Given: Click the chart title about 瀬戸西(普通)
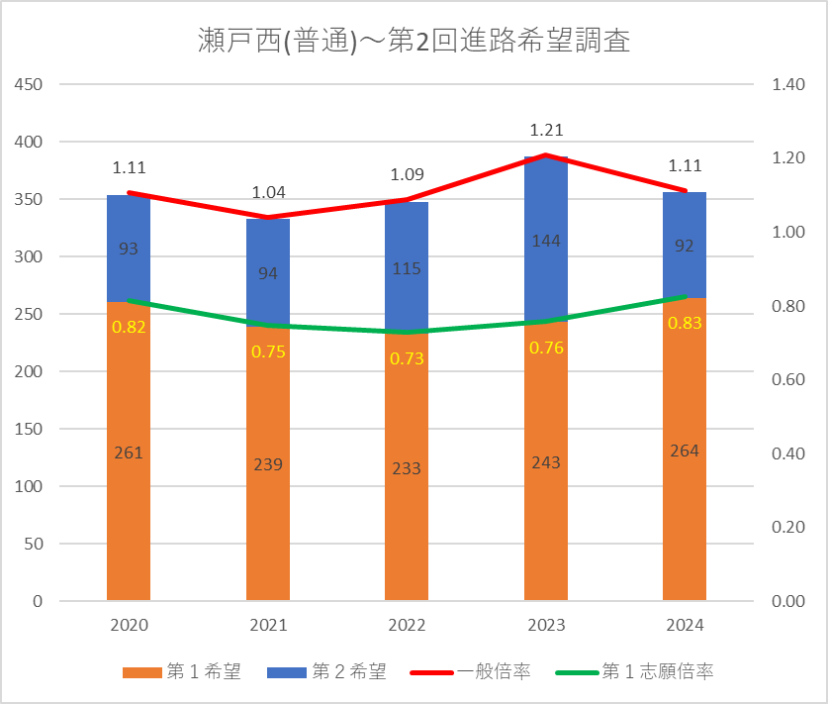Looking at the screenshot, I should (x=414, y=43).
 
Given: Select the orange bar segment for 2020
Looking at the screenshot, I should (x=129, y=495).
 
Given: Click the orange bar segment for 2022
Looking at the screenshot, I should (x=407, y=515).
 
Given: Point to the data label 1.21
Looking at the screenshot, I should (x=546, y=130).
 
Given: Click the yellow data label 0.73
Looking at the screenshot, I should (x=407, y=358).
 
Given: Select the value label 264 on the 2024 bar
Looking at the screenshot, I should (x=685, y=451).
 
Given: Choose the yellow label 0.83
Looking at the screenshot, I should (x=685, y=323).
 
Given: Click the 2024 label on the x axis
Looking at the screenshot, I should (x=685, y=625).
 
